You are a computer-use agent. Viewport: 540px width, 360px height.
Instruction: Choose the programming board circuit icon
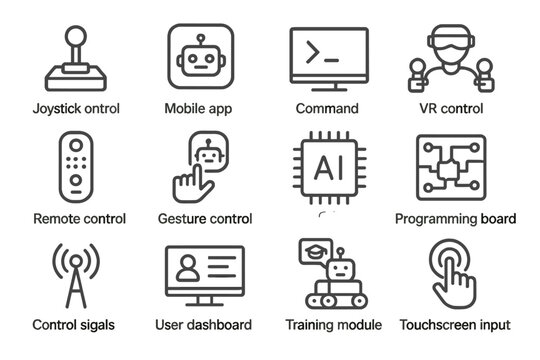tap(450, 168)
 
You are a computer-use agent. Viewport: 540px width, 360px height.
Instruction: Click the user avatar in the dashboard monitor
tap(187, 269)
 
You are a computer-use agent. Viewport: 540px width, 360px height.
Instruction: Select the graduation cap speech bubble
tap(313, 254)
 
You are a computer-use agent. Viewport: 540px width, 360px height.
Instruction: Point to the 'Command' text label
tap(327, 108)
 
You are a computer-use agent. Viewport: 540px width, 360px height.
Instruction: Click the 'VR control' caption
tap(450, 108)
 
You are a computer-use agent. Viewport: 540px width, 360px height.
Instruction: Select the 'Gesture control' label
tap(205, 218)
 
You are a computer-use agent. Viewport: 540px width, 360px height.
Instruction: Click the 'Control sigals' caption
tap(73, 325)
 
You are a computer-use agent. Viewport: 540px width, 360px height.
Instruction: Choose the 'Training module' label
tap(333, 325)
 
